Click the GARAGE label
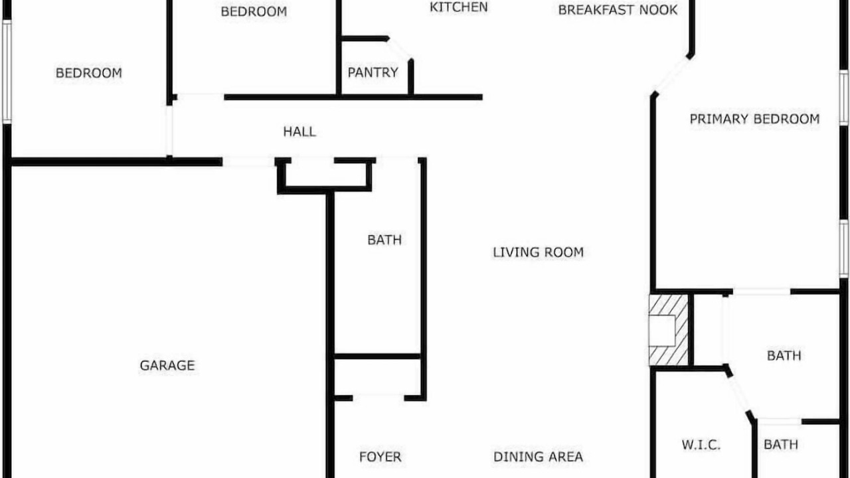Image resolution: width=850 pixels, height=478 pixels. click(167, 365)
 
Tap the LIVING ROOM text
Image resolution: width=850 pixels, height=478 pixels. click(538, 252)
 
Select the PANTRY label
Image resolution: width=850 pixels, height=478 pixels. click(373, 72)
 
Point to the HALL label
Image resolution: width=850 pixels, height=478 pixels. click(299, 131)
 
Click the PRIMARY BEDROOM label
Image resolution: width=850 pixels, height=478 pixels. click(754, 119)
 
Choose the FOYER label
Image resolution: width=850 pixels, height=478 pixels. click(381, 457)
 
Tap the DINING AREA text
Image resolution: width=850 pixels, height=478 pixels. click(538, 457)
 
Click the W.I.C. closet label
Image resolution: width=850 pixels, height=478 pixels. click(701, 445)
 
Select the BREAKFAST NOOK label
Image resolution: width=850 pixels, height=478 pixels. click(618, 10)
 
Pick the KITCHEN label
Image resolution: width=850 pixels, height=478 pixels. click(458, 7)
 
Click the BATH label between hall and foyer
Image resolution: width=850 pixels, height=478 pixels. click(384, 240)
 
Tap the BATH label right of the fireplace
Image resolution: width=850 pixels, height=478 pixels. click(784, 355)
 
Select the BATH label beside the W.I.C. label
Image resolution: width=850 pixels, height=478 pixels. click(780, 444)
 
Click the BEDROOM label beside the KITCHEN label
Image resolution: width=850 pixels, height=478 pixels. click(254, 11)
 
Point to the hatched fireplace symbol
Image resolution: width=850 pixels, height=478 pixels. click(668, 331)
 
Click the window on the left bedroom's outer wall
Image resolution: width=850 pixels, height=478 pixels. click(7, 72)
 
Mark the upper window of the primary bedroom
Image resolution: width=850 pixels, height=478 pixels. click(843, 98)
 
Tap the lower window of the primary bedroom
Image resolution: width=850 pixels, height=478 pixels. click(843, 248)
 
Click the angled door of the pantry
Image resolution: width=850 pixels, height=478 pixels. click(400, 49)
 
